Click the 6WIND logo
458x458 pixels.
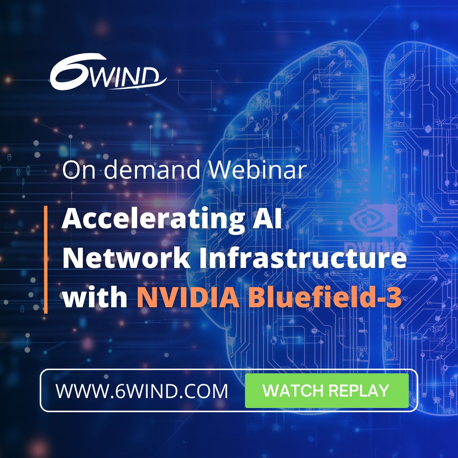pyautogui.click(x=108, y=74)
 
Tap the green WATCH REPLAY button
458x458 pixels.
pyautogui.click(x=327, y=390)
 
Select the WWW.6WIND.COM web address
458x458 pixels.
pyautogui.click(x=142, y=391)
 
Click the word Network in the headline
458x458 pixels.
pyautogui.click(x=126, y=258)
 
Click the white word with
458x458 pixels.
pyautogui.click(x=95, y=298)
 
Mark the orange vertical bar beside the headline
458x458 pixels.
pyautogui.click(x=45, y=260)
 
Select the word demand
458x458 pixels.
pyautogui.click(x=152, y=170)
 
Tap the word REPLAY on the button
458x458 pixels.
pyautogui.click(x=359, y=390)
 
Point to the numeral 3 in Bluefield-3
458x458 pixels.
pyautogui.click(x=394, y=298)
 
